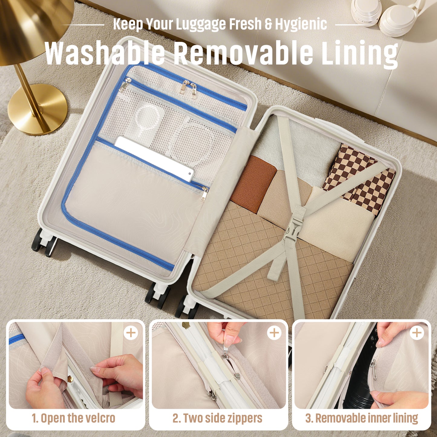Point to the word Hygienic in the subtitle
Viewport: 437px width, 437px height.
(301, 24)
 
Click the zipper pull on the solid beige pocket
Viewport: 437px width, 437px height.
(204, 194)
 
